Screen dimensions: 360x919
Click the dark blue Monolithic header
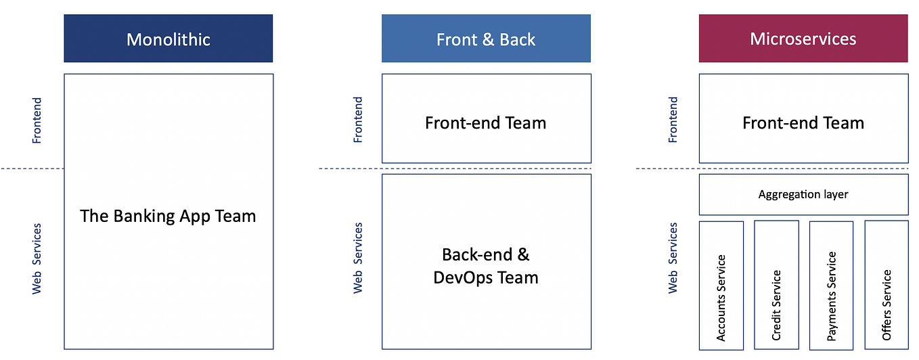[169, 39]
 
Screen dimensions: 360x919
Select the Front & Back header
[486, 39]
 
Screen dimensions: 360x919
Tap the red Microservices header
[803, 39]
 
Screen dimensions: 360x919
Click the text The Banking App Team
[169, 217]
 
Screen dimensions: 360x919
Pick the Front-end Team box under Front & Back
[486, 118]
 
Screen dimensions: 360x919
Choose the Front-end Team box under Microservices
[803, 118]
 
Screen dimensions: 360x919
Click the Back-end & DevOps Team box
[486, 261]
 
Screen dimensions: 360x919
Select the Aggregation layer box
[803, 194]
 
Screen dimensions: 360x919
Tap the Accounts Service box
[721, 285]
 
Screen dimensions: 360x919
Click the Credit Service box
[776, 285]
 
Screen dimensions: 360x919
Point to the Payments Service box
[832, 285]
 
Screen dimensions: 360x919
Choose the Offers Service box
[887, 285]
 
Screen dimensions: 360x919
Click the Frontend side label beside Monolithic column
[37, 120]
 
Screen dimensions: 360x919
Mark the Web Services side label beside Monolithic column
[37, 258]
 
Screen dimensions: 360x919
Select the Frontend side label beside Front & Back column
[358, 120]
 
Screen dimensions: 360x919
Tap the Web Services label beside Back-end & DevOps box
[358, 258]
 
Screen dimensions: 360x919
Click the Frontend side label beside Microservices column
[673, 120]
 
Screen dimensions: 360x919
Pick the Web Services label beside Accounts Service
[673, 258]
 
